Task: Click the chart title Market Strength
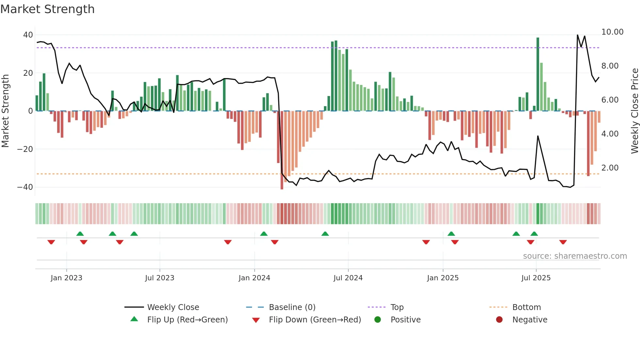click(47, 9)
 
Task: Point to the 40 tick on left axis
click(28, 35)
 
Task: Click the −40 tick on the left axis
click(25, 187)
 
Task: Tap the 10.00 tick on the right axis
click(612, 32)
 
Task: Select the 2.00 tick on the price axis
click(610, 168)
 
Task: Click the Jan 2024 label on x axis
click(254, 278)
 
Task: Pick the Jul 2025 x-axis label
click(536, 278)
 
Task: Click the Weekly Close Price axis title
click(634, 111)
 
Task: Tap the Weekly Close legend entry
click(173, 307)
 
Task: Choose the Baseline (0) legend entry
click(292, 307)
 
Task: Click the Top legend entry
click(397, 307)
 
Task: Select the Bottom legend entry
click(526, 307)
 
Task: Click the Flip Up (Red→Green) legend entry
click(187, 320)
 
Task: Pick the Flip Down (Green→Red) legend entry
click(315, 320)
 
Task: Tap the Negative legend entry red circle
click(499, 319)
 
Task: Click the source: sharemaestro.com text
click(575, 256)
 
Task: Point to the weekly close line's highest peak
click(577, 35)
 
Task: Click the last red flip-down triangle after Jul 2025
click(563, 242)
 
